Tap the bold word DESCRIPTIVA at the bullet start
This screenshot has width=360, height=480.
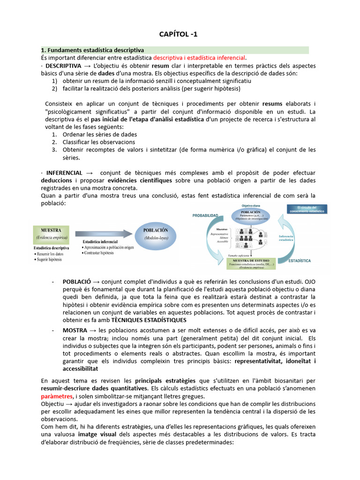pyautogui.click(x=63, y=66)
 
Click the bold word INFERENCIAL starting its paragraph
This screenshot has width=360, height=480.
pyautogui.click(x=64, y=173)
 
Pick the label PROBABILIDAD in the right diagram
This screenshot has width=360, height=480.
pyautogui.click(x=205, y=215)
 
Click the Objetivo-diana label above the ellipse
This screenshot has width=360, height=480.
pyautogui.click(x=251, y=205)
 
